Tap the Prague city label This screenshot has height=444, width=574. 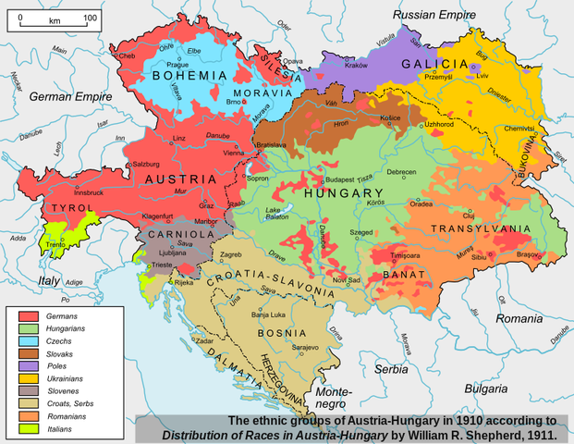coord(177,65)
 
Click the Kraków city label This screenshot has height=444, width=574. coord(356,66)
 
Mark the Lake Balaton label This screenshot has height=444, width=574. coord(276,216)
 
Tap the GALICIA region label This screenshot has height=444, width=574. coord(435,63)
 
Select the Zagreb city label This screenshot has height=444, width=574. coord(230,254)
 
